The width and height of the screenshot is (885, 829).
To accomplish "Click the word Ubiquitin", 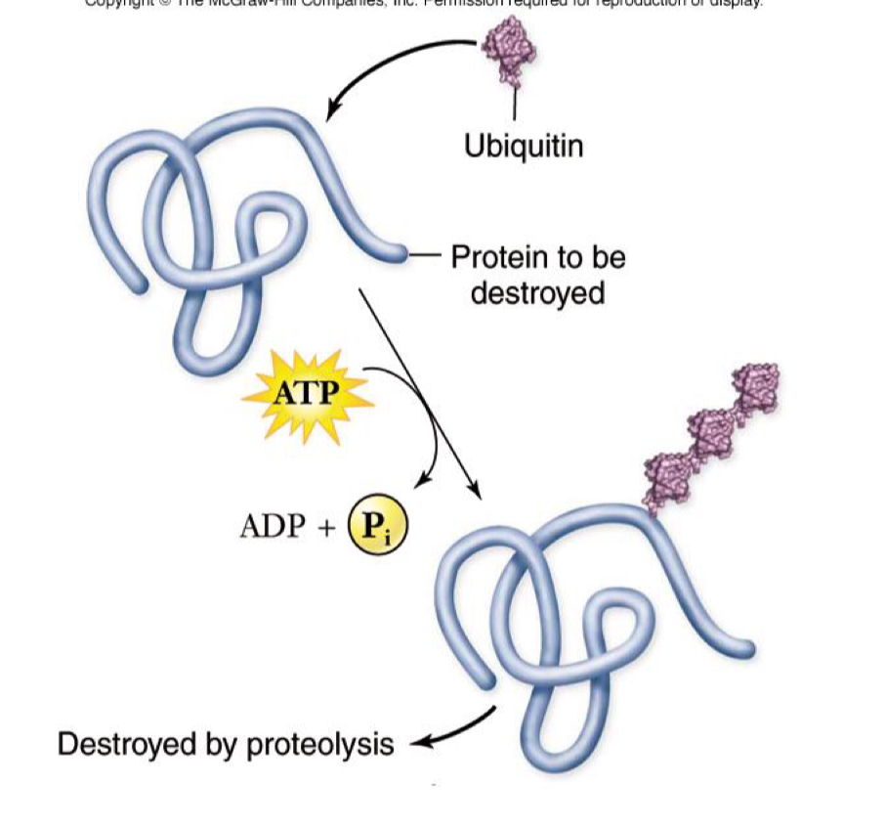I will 524,147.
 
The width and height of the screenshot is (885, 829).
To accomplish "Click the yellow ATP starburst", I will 307,393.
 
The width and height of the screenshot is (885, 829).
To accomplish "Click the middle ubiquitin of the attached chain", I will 710,429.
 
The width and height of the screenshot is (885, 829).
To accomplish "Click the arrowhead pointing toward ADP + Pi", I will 422,481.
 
